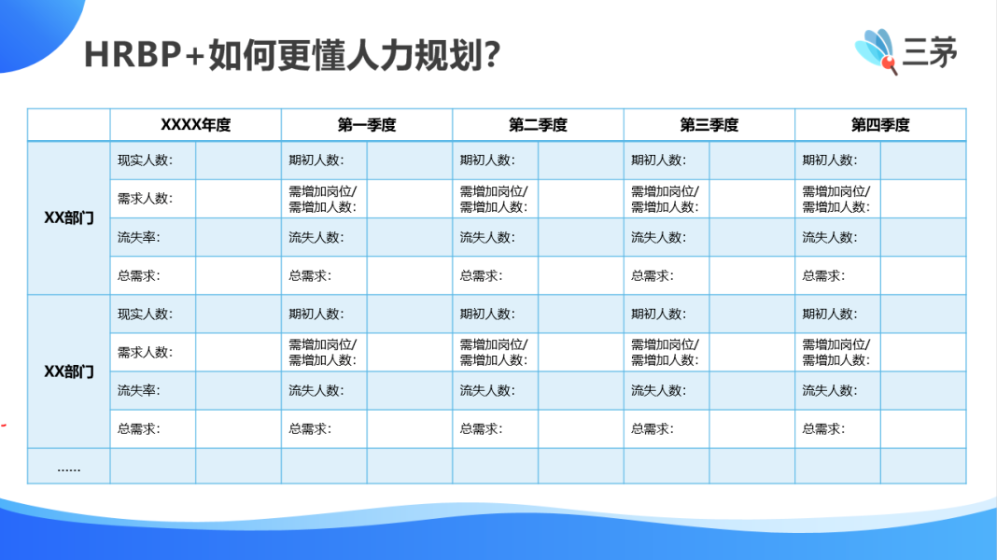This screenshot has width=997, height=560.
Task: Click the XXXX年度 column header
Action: [x=195, y=124]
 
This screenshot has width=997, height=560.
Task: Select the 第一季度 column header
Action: [x=366, y=124]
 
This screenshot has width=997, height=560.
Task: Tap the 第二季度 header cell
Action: [x=538, y=124]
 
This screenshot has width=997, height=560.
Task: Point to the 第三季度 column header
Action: [x=709, y=124]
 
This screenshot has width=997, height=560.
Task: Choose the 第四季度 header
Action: [x=880, y=124]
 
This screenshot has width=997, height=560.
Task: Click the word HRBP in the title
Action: [x=133, y=54]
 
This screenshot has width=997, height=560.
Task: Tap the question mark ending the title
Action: [x=492, y=54]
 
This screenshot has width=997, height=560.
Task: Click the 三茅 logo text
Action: [x=930, y=51]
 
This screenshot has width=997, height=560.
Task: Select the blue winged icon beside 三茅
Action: [x=877, y=50]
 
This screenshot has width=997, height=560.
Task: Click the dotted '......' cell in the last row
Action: [x=69, y=469]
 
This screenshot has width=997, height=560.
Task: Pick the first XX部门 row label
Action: [x=69, y=218]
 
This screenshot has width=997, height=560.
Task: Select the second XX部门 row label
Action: [x=69, y=371]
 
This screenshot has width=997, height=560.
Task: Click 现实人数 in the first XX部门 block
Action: [x=145, y=161]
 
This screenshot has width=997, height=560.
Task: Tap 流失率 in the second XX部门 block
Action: [x=138, y=390]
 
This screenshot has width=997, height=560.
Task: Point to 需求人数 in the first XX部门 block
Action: [x=145, y=198]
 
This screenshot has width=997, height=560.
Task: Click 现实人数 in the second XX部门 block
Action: [x=145, y=314]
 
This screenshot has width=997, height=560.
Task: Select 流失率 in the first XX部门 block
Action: [x=138, y=237]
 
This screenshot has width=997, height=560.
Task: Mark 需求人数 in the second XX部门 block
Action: [x=145, y=352]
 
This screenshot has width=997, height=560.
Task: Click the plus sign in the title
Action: [x=195, y=55]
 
